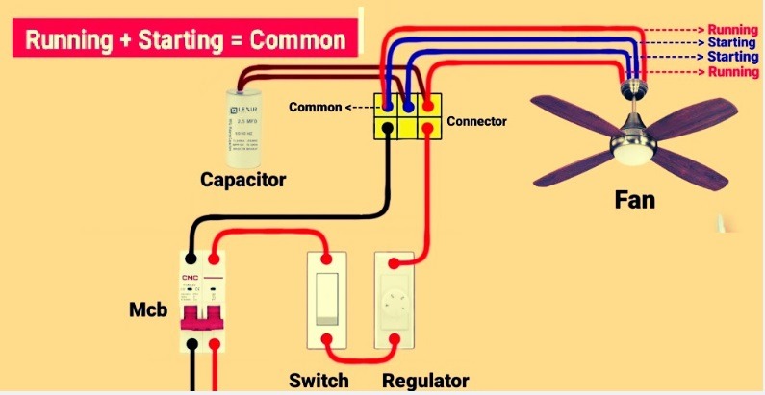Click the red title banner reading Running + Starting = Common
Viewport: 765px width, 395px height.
tap(184, 40)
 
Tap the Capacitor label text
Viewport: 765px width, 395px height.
tap(242, 180)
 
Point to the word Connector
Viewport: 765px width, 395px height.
tap(476, 122)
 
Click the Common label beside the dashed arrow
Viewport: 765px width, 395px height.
tap(315, 107)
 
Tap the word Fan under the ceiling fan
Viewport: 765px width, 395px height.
tap(635, 201)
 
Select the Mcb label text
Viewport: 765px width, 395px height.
tap(148, 312)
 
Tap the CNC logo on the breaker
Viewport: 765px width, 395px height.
tap(190, 279)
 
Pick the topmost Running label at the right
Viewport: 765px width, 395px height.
tap(733, 30)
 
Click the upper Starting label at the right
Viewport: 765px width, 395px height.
tap(733, 43)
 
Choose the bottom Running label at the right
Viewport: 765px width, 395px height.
tap(733, 71)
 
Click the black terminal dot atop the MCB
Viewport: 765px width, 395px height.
tap(193, 259)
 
